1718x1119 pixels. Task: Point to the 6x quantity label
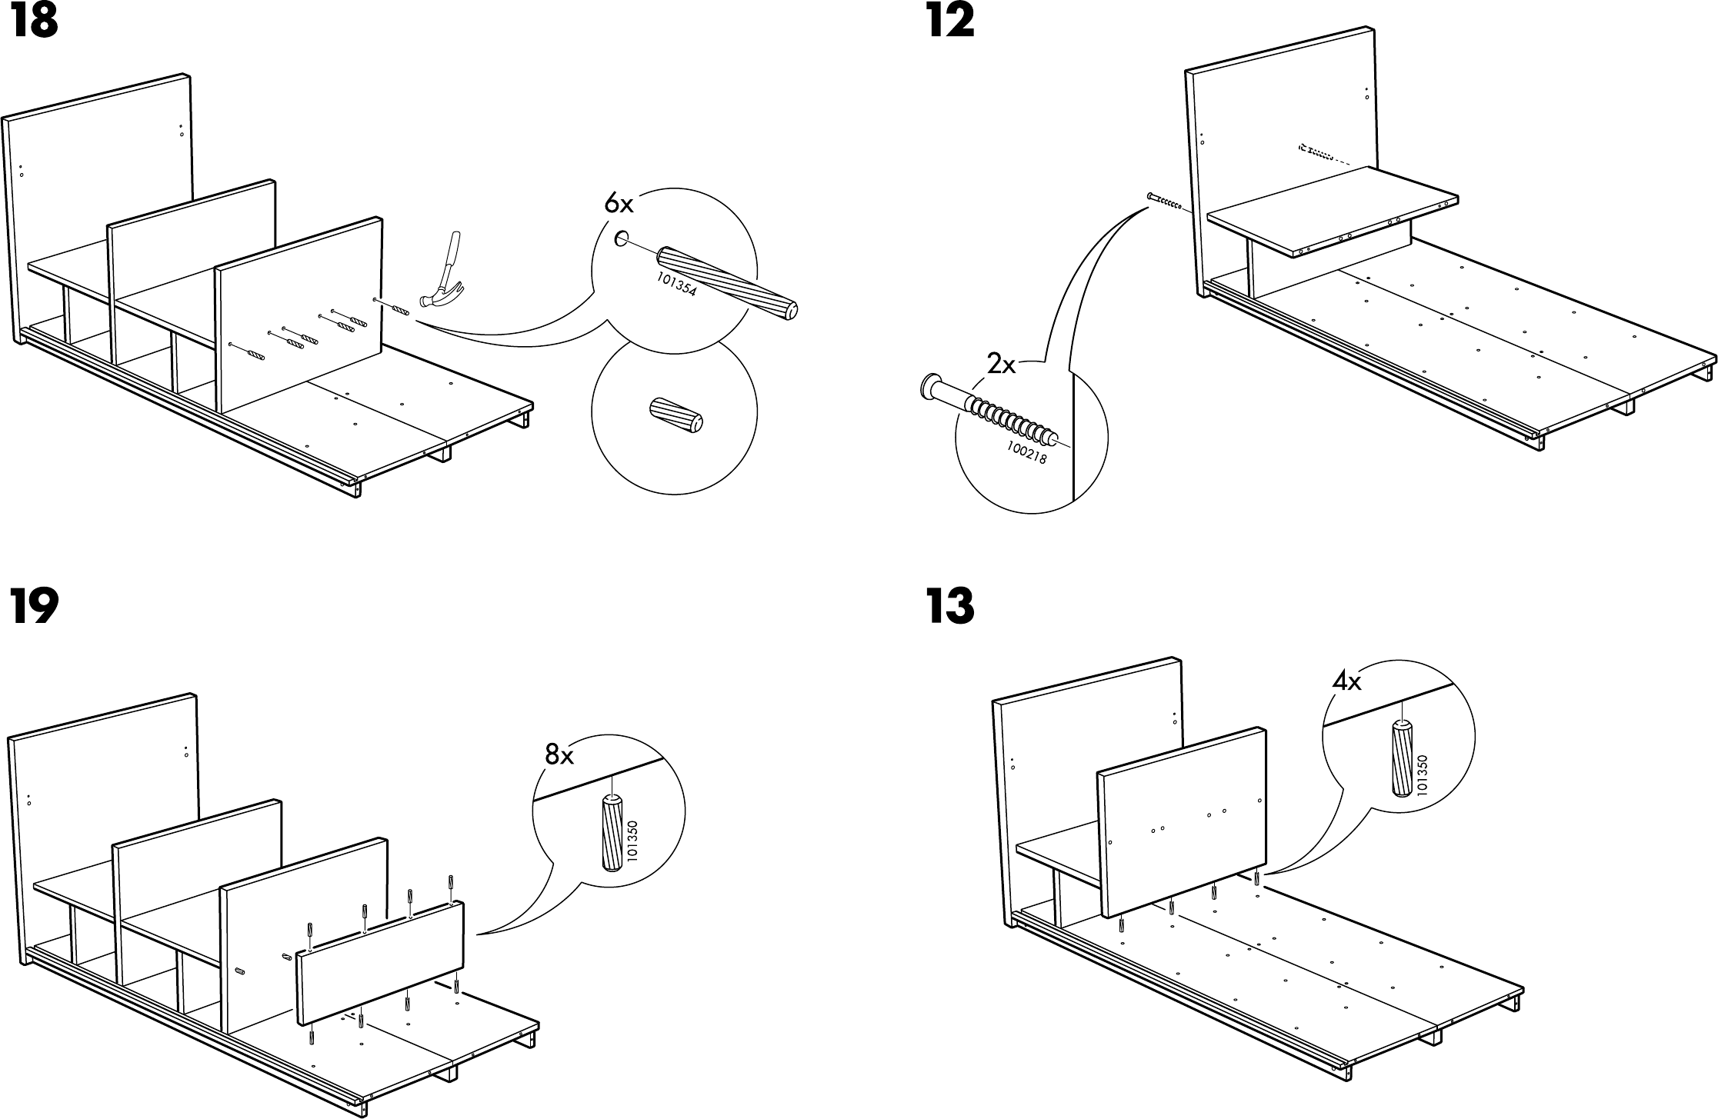[619, 204]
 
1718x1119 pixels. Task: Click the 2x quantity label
[1001, 365]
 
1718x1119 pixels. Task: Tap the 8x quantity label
[559, 756]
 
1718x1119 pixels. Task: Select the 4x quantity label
[1347, 682]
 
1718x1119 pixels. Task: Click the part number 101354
[676, 285]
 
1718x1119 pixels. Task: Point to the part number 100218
[1026, 453]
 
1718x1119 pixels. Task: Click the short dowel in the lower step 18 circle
[676, 415]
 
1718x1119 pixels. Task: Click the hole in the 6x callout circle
[620, 239]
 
